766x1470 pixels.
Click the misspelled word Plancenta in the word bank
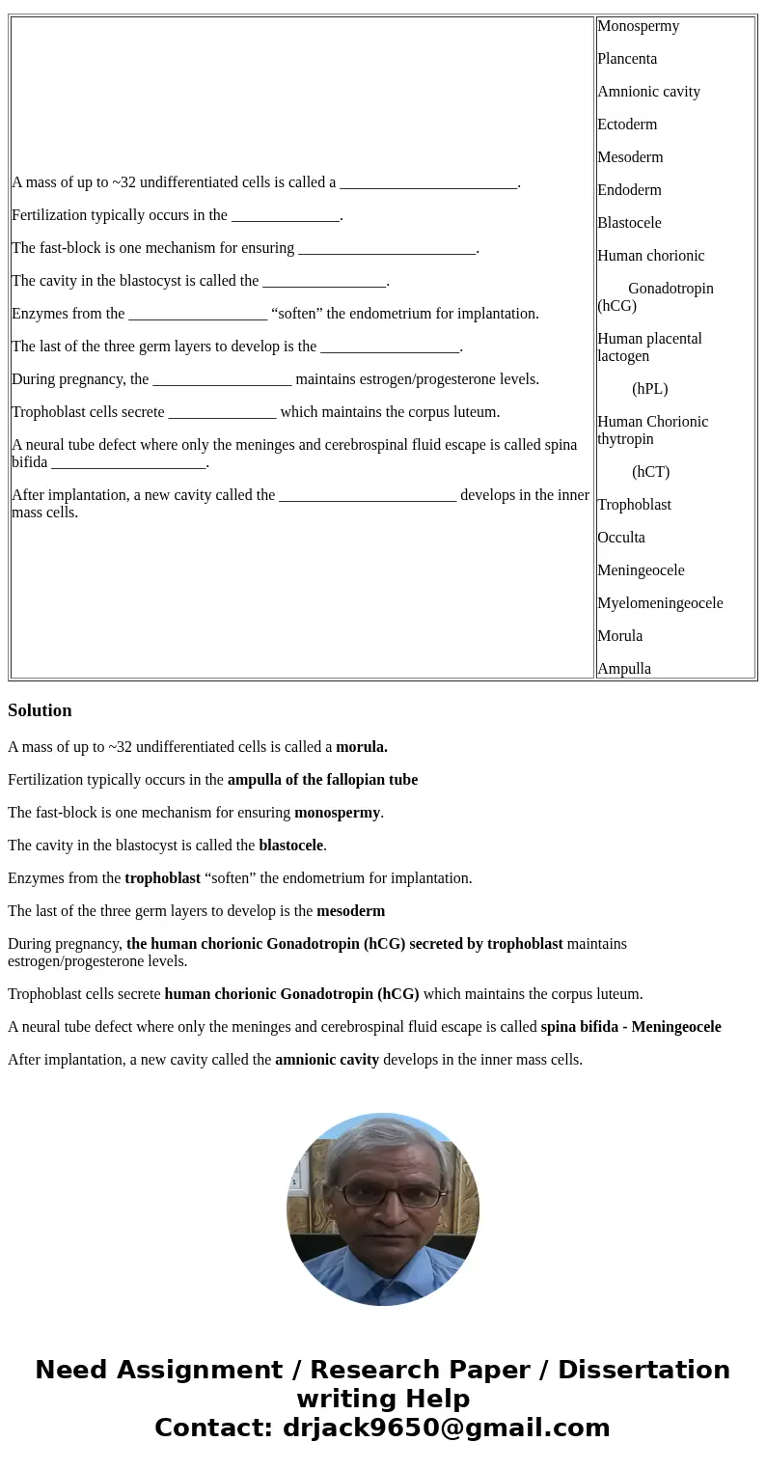coord(627,59)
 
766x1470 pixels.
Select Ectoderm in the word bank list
coord(627,125)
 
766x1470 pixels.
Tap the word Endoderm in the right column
coord(629,190)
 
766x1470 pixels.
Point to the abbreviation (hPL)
coord(650,389)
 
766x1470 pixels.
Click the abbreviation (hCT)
coord(651,472)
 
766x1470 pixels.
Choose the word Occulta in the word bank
coord(621,538)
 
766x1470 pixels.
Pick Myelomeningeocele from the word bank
coord(660,603)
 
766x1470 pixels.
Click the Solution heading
coord(40,710)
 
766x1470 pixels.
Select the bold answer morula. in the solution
coord(362,747)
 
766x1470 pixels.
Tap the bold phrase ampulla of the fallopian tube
coord(322,780)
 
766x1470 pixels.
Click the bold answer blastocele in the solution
coord(290,846)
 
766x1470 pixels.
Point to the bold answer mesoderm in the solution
coord(350,911)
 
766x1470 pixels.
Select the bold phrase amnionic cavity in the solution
coord(327,1060)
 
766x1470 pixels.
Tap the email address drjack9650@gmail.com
coord(446,1428)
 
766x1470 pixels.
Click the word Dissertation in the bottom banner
coord(643,1371)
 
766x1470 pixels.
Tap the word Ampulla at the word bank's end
coord(624,669)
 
